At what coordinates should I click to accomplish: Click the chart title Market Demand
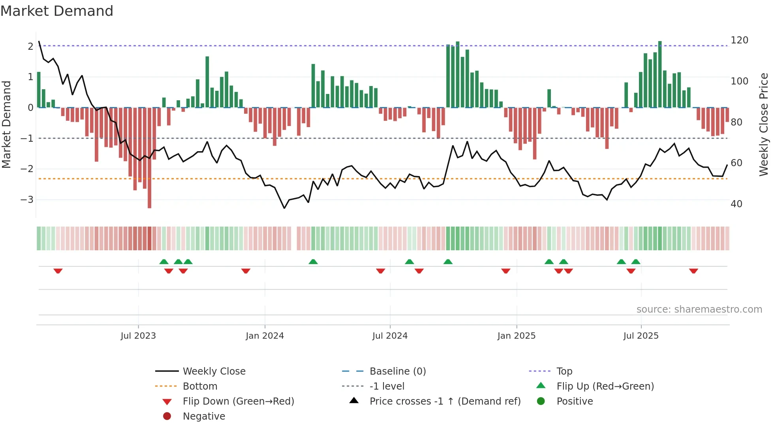(57, 11)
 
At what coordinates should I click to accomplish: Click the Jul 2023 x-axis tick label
(138, 336)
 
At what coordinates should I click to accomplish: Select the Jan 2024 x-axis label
(265, 336)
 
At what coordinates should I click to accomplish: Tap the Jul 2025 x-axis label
(641, 336)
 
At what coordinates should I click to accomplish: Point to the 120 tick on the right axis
(739, 40)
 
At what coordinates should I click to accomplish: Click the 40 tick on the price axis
(736, 204)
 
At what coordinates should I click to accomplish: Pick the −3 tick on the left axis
(27, 200)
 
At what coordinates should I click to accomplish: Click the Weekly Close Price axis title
(764, 124)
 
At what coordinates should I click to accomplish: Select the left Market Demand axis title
(7, 124)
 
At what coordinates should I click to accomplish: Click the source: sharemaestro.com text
(699, 309)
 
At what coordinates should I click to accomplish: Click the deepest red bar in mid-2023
(149, 158)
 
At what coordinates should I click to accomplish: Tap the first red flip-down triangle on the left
(58, 271)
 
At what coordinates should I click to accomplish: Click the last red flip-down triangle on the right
(693, 271)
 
